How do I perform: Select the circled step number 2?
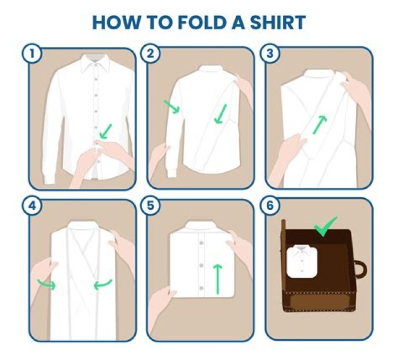pos(151,54)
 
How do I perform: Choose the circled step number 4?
pos(31,205)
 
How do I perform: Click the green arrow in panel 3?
pos(319,124)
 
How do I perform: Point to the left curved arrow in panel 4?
pos(46,285)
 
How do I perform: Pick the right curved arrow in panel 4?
pos(103,285)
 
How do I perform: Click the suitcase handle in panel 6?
pos(360,270)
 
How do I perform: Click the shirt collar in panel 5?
pos(202,227)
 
